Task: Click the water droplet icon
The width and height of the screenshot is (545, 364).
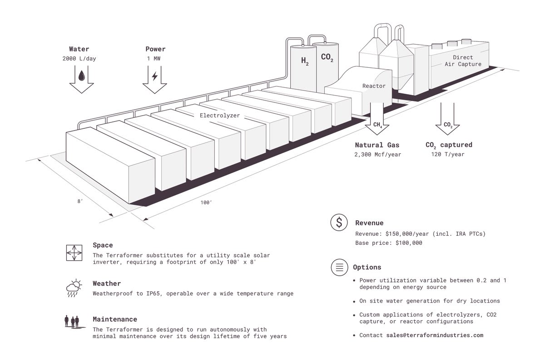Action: (81, 75)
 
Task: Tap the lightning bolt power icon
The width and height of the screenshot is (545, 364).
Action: (154, 76)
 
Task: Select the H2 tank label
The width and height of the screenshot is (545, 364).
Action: (305, 61)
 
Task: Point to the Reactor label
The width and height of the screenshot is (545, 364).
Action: (374, 86)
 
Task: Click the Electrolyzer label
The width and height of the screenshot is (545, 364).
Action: (220, 116)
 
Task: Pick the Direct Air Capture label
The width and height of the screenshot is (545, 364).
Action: (462, 61)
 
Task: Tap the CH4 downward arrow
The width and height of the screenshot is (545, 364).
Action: (377, 125)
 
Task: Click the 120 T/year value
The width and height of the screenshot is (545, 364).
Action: (447, 155)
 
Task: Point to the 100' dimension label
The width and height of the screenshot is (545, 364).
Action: (206, 203)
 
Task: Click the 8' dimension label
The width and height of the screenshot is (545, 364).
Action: (80, 200)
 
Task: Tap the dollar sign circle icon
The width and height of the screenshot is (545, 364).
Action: (339, 222)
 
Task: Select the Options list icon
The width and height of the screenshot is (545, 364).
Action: (339, 267)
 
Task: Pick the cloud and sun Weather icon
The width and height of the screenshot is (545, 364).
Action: (73, 288)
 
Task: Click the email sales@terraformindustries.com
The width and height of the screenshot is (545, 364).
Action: (435, 335)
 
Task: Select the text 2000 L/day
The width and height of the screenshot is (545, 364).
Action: (79, 59)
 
